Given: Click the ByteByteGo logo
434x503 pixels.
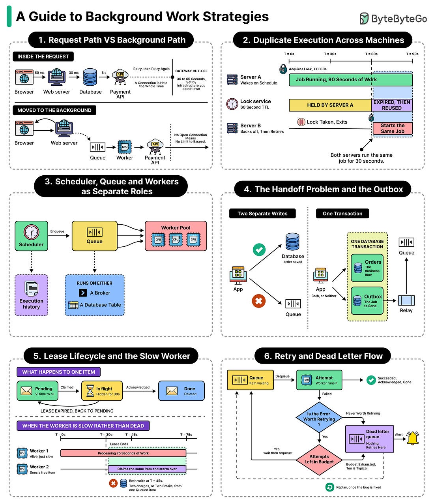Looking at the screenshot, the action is click(x=393, y=19).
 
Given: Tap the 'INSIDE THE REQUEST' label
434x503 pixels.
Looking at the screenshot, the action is click(x=43, y=56).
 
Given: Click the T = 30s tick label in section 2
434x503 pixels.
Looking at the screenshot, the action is click(x=330, y=54).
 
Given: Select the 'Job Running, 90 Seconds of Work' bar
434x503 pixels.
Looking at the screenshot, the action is click(x=350, y=80).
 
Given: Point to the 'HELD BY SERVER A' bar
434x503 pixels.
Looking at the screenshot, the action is click(x=330, y=105).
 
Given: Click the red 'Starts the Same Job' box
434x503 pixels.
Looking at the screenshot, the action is click(x=393, y=128).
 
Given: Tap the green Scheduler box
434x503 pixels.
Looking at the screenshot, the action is click(x=31, y=236).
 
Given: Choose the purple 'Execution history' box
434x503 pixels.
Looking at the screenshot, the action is click(x=31, y=295).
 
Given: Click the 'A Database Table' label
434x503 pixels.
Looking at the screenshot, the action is click(x=100, y=305).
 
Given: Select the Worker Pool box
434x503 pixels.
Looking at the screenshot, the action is click(x=176, y=236).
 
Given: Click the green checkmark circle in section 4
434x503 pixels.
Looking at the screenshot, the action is click(x=259, y=250).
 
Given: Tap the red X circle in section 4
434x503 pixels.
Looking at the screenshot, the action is click(x=259, y=301).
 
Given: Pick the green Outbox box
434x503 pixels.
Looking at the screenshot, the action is click(x=367, y=301).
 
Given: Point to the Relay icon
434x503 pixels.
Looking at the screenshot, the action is click(x=406, y=300).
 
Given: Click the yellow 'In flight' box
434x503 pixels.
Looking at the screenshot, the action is click(x=102, y=391).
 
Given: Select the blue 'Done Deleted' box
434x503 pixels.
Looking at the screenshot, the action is click(x=181, y=391).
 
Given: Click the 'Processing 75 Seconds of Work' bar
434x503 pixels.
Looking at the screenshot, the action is click(x=123, y=453).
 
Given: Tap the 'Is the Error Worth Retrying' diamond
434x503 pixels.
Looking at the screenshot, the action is click(x=319, y=418).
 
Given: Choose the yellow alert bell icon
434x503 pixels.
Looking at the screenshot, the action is click(x=413, y=438).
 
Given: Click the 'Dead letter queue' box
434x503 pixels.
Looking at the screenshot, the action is click(x=370, y=439).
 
